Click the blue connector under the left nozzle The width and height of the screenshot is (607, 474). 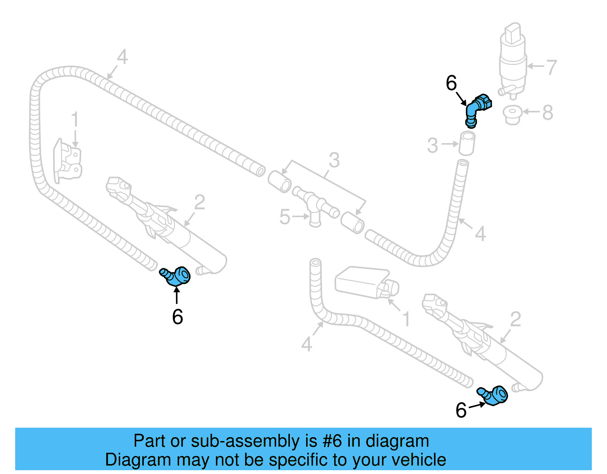click(x=176, y=276)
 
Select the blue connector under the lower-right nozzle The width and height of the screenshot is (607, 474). click(x=494, y=396)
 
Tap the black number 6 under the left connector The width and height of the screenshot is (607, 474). click(x=178, y=317)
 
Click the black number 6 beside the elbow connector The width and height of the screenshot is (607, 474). click(x=451, y=83)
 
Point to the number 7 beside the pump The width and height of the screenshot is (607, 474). click(x=551, y=67)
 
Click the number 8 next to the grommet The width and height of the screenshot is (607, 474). click(x=547, y=113)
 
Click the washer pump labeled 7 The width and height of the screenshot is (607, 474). click(x=513, y=61)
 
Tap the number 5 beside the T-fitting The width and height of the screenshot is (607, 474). click(x=285, y=217)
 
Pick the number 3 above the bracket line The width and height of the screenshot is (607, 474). click(x=334, y=160)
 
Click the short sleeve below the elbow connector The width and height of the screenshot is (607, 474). click(x=467, y=143)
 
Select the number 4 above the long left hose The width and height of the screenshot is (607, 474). click(x=122, y=57)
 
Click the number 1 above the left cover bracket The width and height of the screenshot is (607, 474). click(x=75, y=119)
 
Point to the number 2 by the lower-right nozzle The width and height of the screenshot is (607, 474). click(x=515, y=320)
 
